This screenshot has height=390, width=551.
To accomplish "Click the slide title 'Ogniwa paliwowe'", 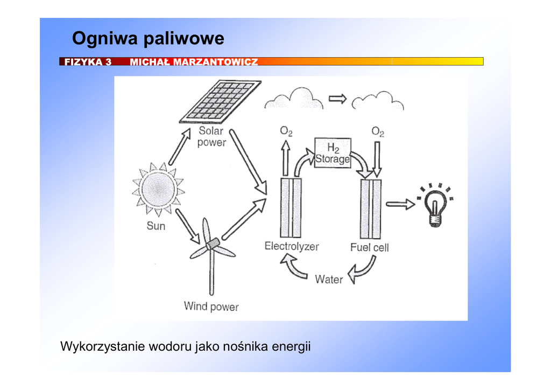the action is click(148, 39).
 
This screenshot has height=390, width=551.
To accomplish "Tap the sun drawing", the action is click(158, 189).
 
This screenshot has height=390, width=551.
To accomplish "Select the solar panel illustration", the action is click(220, 100).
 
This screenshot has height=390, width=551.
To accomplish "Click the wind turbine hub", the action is click(211, 244).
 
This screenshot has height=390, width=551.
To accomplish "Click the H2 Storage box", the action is click(333, 154).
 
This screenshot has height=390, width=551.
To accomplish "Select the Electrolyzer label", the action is click(291, 247).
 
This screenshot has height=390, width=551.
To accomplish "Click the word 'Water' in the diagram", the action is click(329, 279).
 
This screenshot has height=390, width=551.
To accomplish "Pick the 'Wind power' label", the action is click(211, 307).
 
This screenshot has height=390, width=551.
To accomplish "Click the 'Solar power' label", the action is click(211, 137).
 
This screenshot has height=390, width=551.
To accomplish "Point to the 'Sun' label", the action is click(156, 226).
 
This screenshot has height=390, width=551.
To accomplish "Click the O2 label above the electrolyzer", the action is click(286, 131).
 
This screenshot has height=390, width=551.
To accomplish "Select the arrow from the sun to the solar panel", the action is click(180, 147).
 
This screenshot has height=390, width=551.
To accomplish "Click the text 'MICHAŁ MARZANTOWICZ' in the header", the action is click(194, 62).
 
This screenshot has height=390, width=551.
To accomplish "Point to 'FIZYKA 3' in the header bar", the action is click(88, 62).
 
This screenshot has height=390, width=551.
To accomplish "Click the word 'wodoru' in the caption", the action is click(171, 346).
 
